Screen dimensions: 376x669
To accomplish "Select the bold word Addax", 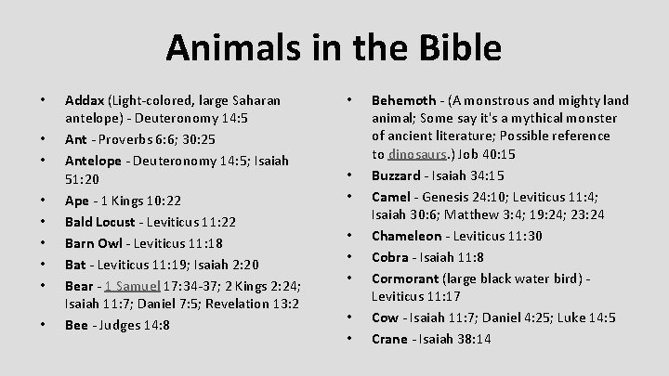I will click(84, 99).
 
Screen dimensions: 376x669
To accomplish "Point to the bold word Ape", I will click(76, 201).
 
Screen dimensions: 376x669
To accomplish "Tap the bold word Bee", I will click(75, 325).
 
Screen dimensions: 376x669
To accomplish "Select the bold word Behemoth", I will click(405, 99).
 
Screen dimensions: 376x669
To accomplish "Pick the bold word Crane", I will click(389, 338).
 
